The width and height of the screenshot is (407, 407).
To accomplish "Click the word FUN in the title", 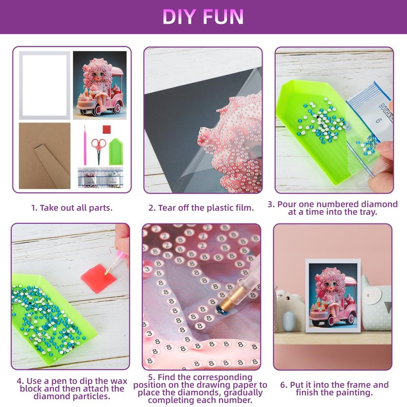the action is [x=223, y=17].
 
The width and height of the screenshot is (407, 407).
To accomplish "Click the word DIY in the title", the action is [x=179, y=17].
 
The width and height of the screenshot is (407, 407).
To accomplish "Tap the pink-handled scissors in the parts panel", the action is [x=99, y=151].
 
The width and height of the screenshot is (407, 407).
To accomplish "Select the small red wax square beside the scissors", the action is [x=107, y=129].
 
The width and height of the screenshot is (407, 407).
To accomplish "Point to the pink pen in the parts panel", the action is [x=85, y=146].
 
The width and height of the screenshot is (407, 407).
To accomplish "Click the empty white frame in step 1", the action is [x=21, y=85].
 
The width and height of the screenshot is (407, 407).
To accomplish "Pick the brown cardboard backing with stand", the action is [x=45, y=156].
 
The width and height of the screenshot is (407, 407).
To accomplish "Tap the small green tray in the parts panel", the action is [x=116, y=152].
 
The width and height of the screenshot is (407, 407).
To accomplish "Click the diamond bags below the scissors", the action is [x=100, y=178].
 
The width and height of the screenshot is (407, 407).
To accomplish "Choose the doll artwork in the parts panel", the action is [x=100, y=85].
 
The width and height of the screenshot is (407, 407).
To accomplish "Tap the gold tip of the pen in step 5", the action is [x=228, y=298].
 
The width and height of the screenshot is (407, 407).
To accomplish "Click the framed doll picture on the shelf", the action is [x=333, y=296].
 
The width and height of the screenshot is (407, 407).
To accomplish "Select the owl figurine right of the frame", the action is [x=376, y=303].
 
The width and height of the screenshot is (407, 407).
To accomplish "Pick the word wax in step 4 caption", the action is [x=119, y=381].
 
